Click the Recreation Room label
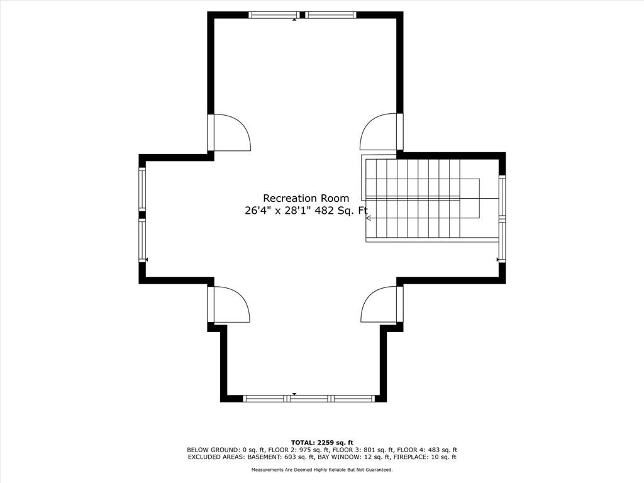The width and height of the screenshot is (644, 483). tap(306, 198)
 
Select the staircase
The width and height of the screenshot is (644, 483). tap(423, 199)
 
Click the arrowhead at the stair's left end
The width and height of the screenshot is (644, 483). tap(369, 218)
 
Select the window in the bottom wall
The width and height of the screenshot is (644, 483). tap(309, 398)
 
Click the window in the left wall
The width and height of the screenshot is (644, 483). tap(142, 215)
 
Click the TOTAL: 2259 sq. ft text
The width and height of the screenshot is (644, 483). tap(322, 442)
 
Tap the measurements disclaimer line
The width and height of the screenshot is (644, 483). tap(322, 469)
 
